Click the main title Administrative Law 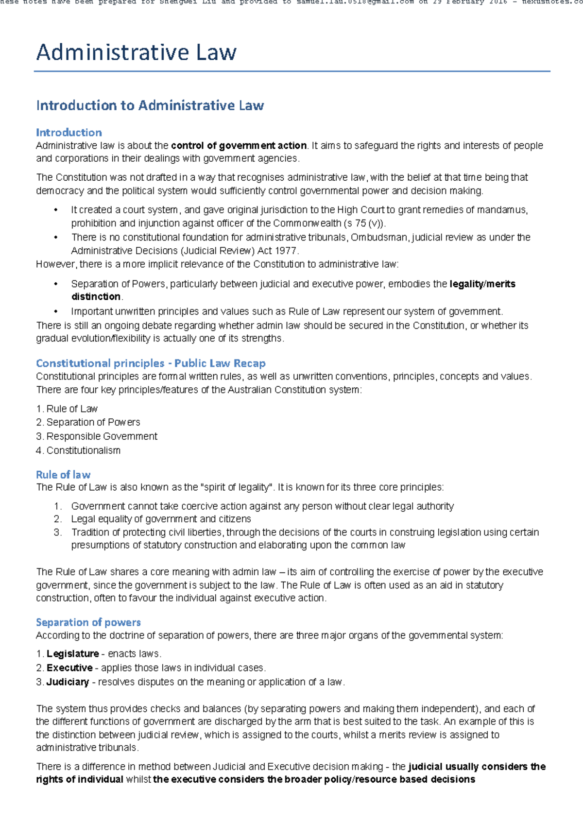(x=136, y=52)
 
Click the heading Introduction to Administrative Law (x=150, y=105)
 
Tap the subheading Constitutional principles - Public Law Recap (x=151, y=363)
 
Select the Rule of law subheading (x=63, y=475)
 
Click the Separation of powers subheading (x=88, y=622)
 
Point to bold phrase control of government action (x=239, y=146)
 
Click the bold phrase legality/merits (x=482, y=284)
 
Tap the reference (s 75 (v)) (x=364, y=223)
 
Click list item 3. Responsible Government (x=97, y=436)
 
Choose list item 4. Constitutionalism (x=78, y=450)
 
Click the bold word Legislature (x=73, y=654)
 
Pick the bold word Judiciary (x=68, y=682)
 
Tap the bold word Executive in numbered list (x=69, y=668)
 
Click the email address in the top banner (x=355, y=2)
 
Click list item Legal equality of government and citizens (x=161, y=519)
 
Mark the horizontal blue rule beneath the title (x=291, y=71)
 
